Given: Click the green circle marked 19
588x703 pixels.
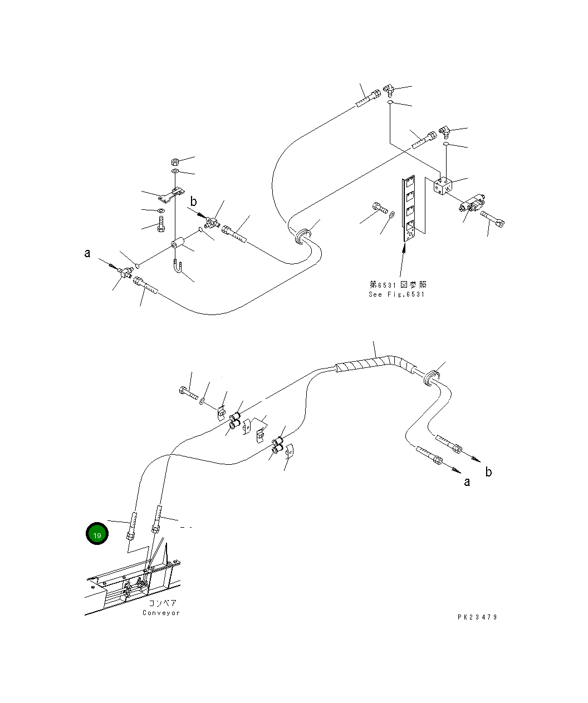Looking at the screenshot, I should (97, 534).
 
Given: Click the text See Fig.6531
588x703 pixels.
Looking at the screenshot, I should (396, 294).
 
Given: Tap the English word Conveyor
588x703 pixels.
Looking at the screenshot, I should (161, 613).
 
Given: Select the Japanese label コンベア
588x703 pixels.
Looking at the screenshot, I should (162, 603).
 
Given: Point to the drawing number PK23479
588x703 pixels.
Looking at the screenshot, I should (477, 617).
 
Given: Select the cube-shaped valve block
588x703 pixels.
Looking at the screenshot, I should (444, 186).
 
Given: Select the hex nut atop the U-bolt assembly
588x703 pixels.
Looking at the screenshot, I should (174, 162).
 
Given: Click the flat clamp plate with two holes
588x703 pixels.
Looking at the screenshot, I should (171, 195).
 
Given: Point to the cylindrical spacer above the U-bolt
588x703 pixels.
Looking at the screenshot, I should (178, 244).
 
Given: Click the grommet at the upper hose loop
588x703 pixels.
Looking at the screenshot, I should (301, 236).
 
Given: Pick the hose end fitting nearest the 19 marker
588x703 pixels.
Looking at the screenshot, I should (133, 526).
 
